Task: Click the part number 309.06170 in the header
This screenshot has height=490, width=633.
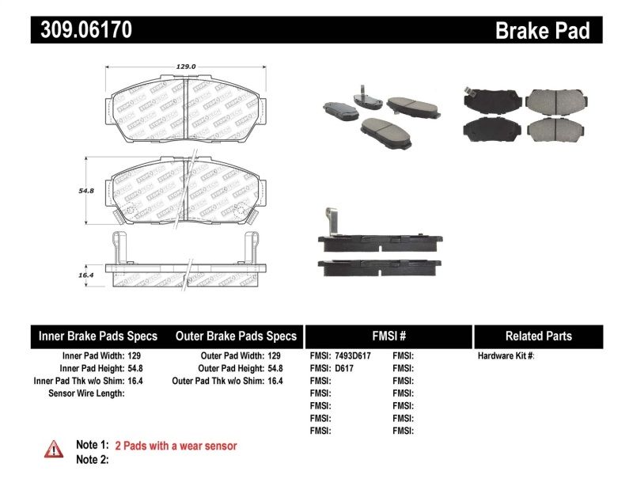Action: point(81,30)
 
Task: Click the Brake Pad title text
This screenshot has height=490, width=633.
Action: point(542,30)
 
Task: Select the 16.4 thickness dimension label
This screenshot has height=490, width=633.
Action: point(86,274)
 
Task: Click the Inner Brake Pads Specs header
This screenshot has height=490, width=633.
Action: point(98,336)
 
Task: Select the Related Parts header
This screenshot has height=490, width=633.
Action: point(538,336)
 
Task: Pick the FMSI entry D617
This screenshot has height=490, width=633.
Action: point(343,368)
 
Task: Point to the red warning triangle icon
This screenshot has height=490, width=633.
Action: point(54,448)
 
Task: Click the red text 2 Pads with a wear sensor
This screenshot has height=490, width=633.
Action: point(176,446)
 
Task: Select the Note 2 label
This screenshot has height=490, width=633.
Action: point(92,459)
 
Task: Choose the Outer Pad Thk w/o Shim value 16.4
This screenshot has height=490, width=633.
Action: point(275,381)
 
